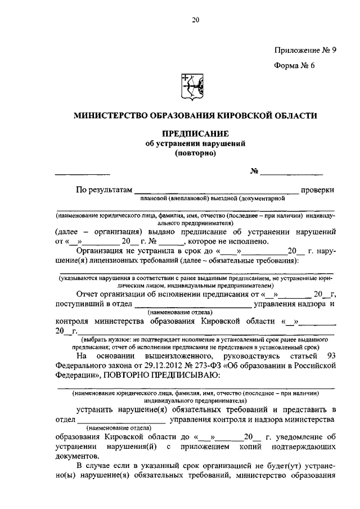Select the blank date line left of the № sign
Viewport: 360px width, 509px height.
point(83,172)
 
